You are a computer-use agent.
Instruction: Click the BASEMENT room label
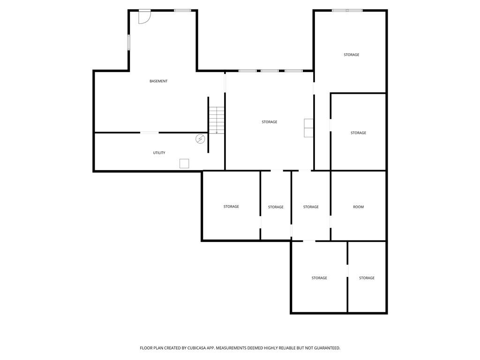pyautogui.click(x=158, y=81)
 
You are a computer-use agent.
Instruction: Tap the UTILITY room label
pyautogui.click(x=159, y=153)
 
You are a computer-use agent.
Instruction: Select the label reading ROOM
pyautogui.click(x=358, y=207)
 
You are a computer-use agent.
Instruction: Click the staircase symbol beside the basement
pyautogui.click(x=217, y=120)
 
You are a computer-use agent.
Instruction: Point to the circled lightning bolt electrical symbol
pyautogui.click(x=200, y=139)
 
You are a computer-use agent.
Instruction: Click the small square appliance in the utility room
pyautogui.click(x=184, y=164)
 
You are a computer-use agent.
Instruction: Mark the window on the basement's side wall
pyautogui.click(x=129, y=42)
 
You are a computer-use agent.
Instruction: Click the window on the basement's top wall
pyautogui.click(x=182, y=10)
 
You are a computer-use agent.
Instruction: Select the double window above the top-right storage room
pyautogui.click(x=347, y=10)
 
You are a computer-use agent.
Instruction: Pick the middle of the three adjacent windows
pyautogui.click(x=270, y=71)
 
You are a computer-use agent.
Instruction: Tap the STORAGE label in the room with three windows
pyautogui.click(x=269, y=122)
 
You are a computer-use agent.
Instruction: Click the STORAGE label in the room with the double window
pyautogui.click(x=351, y=55)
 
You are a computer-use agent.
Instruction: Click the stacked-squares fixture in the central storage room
pyautogui.click(x=308, y=128)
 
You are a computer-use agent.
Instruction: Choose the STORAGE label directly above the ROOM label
pyautogui.click(x=358, y=133)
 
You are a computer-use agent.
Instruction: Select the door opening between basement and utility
pyautogui.click(x=150, y=133)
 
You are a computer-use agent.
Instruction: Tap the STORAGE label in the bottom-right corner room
pyautogui.click(x=367, y=278)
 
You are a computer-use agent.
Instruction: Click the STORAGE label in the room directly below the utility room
pyautogui.click(x=231, y=207)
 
